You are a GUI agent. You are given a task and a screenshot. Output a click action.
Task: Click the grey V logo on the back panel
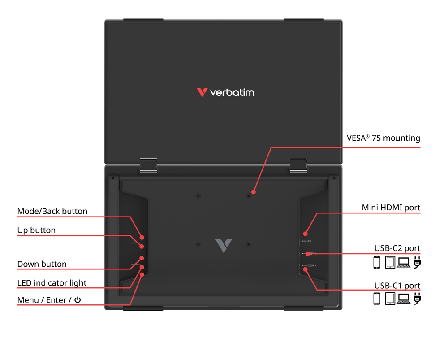223,246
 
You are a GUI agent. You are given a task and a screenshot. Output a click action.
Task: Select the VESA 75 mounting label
383,138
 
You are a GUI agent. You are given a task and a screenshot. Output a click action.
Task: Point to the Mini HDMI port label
391,208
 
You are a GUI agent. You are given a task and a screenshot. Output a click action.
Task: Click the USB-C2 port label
397,248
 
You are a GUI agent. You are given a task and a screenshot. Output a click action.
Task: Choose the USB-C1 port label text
397,286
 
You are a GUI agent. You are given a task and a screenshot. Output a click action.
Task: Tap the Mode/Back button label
52,211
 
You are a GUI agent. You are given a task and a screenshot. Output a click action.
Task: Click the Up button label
36,230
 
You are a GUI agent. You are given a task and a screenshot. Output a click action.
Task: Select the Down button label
42,264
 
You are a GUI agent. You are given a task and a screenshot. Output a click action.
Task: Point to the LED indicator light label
52,283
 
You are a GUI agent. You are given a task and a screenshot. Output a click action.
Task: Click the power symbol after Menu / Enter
78,300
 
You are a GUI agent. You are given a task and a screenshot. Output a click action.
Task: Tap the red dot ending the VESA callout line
253,191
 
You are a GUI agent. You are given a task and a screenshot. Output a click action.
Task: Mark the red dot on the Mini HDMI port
306,233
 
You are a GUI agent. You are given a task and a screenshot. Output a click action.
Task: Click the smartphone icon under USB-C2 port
377,262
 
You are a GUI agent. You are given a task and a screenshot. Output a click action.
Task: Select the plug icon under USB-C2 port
417,262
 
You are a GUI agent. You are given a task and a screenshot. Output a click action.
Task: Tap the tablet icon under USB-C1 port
390,298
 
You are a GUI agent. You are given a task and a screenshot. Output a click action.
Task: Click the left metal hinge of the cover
148,165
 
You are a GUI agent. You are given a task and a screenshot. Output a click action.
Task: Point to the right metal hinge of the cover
298,165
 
